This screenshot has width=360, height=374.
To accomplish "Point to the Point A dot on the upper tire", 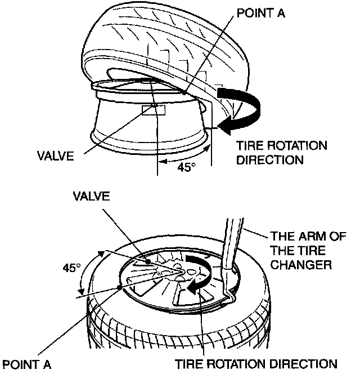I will click(x=185, y=92).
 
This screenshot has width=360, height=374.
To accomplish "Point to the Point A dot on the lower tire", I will click(x=119, y=287).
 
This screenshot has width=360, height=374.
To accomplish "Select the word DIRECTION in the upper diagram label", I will click(x=270, y=159).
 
